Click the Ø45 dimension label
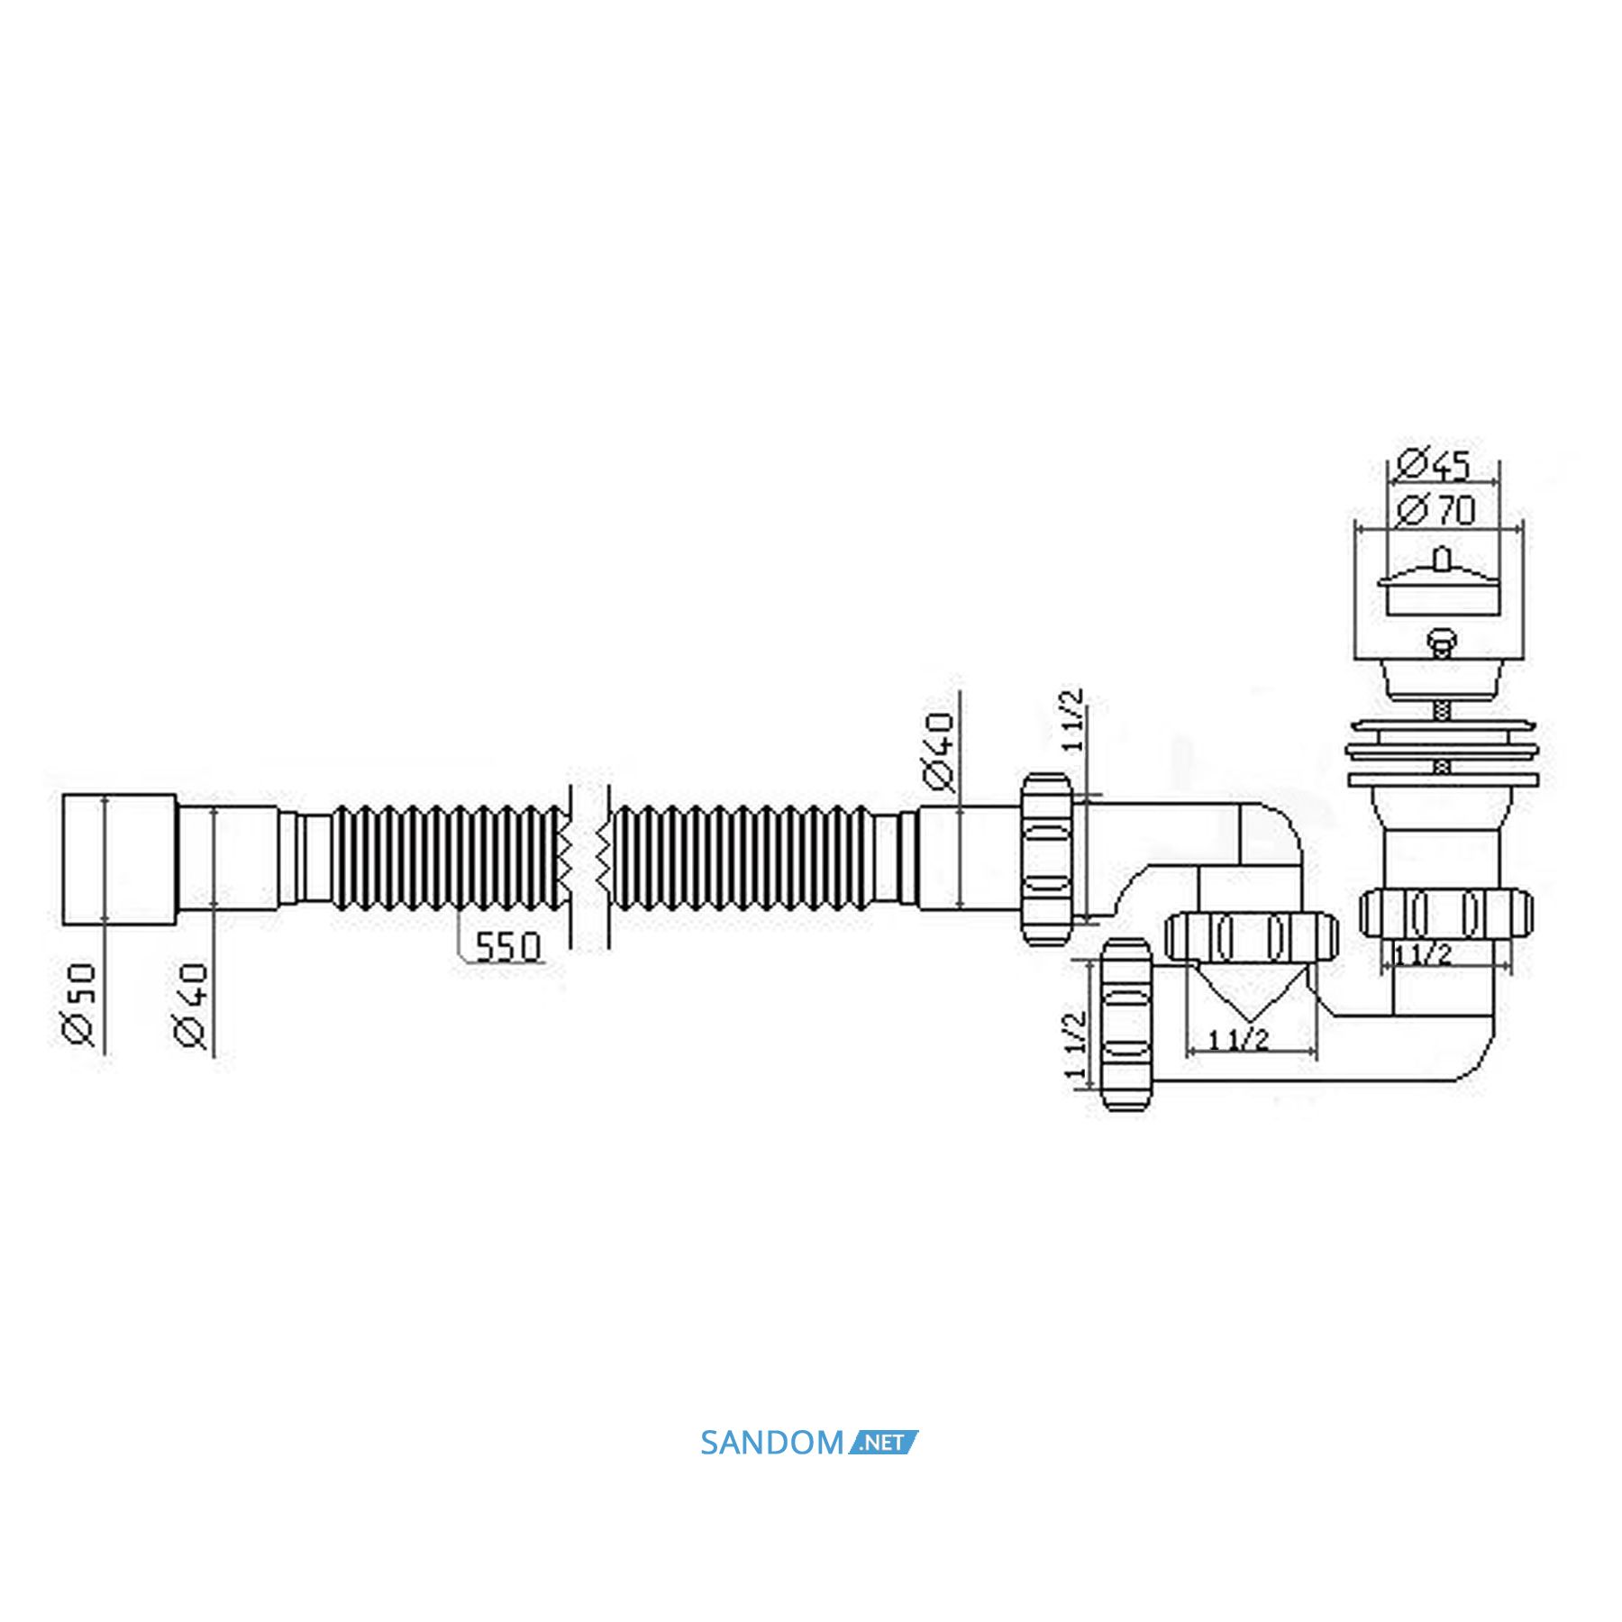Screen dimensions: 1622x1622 (1432, 466)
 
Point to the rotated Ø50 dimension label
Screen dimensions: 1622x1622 (79, 1005)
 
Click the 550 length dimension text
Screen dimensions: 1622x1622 (507, 947)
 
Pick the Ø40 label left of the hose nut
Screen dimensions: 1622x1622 (939, 752)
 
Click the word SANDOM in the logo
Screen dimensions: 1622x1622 (771, 1443)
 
